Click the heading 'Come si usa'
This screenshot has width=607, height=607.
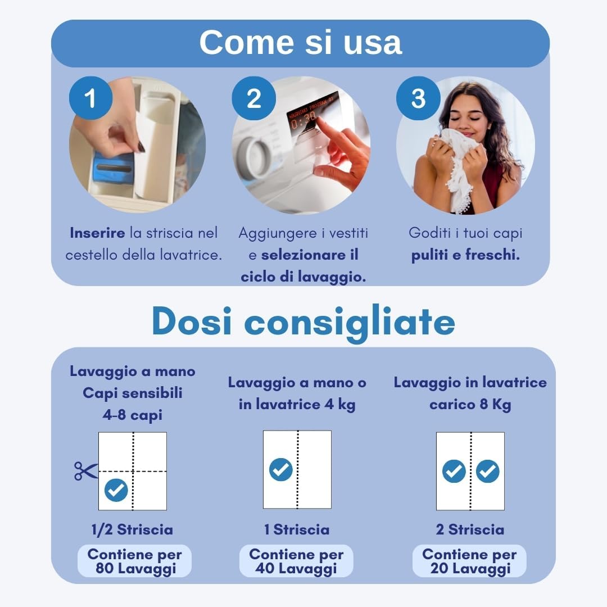300,42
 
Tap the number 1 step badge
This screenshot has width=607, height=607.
90,98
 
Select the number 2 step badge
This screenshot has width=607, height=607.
253,98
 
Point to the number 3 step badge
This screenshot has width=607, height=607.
418,98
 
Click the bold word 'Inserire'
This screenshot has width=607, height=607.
97,233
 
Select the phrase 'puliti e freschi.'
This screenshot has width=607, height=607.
465,255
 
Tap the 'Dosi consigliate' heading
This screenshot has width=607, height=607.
303,322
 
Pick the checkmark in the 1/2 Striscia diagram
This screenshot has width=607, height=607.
116,490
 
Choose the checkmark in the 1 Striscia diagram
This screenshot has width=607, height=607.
280,469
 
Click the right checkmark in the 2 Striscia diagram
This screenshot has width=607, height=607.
487,471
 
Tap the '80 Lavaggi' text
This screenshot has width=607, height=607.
136,569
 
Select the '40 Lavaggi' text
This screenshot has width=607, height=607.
296,569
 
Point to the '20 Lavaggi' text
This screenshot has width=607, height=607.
470,569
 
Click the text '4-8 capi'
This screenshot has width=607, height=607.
133,415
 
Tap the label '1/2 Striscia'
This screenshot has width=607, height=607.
132,529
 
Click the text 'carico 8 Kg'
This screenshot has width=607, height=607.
470,405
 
